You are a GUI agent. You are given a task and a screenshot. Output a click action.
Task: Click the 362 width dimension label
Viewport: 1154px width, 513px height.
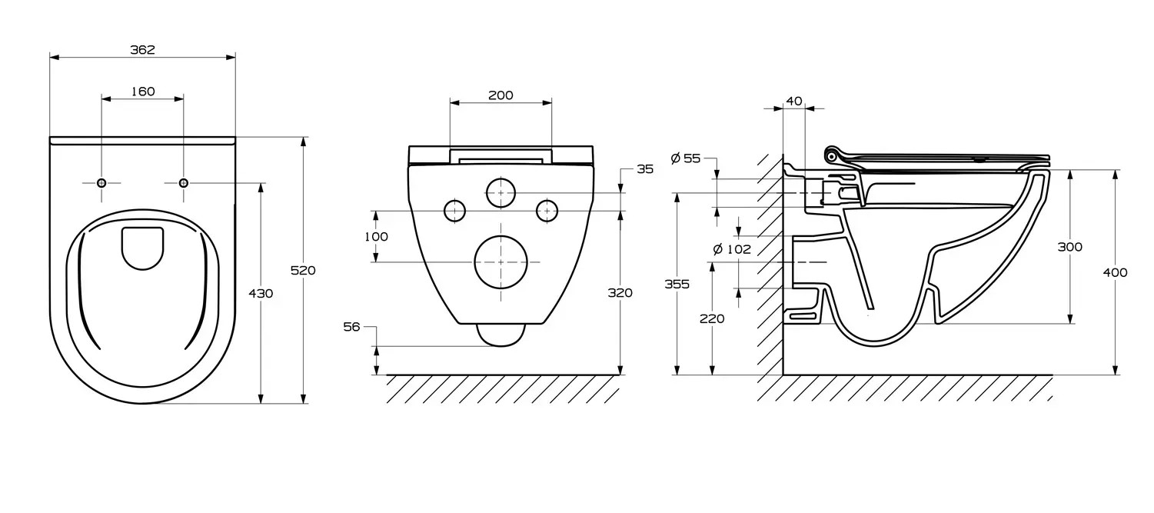tap(142, 50)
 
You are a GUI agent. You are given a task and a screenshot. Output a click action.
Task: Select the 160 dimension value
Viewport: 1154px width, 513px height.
tap(142, 92)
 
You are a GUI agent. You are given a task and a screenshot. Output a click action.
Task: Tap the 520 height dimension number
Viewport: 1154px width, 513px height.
tap(303, 270)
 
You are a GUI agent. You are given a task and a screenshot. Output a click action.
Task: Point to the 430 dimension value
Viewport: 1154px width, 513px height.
tap(261, 293)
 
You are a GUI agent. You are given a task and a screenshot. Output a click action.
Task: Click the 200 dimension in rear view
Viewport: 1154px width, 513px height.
tap(501, 95)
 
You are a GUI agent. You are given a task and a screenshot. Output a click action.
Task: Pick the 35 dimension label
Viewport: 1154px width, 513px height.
tap(644, 169)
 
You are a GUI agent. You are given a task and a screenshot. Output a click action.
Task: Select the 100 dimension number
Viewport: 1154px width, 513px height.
tap(376, 237)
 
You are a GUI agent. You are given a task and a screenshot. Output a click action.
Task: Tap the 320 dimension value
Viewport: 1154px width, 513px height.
tap(620, 292)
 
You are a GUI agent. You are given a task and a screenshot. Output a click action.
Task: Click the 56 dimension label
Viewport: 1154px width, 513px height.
tap(351, 327)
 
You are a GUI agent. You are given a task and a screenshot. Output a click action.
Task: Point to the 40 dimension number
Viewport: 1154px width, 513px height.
tap(794, 102)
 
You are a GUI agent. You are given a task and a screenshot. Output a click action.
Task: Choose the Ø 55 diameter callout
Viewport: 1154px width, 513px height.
tap(686, 158)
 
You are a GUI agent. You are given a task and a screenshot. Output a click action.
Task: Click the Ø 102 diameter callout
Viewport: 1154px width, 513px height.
tap(731, 249)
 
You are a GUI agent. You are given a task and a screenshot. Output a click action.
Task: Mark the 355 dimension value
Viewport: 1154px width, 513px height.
tap(677, 284)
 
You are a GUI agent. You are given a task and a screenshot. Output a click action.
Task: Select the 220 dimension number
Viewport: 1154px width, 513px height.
tap(712, 318)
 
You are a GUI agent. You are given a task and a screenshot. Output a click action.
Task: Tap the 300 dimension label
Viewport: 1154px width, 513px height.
tap(1069, 247)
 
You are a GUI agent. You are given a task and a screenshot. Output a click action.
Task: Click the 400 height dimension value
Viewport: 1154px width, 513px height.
tap(1115, 272)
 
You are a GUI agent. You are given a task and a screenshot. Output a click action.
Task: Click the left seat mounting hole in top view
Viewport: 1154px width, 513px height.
tap(101, 183)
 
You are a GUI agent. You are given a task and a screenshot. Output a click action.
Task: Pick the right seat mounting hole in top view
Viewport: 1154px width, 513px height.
tap(183, 182)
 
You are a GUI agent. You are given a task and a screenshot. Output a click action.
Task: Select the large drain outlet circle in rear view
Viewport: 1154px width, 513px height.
tap(501, 262)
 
